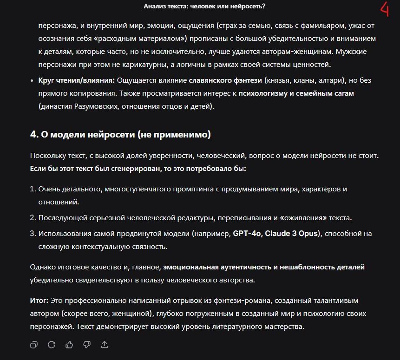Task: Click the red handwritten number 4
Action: (x=385, y=9)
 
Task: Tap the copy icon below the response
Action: (x=34, y=344)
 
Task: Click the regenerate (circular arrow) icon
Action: (x=52, y=344)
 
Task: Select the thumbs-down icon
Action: (x=87, y=344)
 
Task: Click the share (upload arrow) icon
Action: (x=105, y=344)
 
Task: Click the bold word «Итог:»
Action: (x=39, y=301)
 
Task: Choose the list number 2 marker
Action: (x=33, y=217)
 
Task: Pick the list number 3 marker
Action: (x=33, y=233)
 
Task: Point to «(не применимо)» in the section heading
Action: (x=174, y=135)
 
